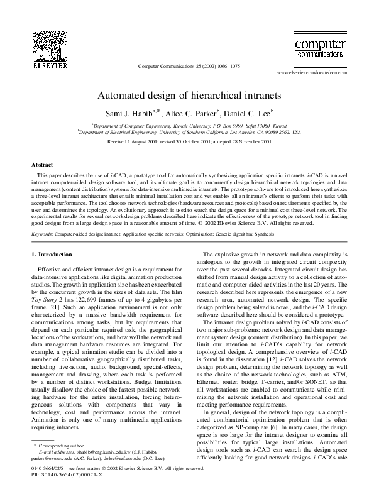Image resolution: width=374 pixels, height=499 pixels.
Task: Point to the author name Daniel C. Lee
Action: (x=249, y=113)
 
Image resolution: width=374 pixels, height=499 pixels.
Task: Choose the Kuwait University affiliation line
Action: (x=187, y=126)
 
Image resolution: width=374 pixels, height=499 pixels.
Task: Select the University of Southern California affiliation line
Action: (x=187, y=133)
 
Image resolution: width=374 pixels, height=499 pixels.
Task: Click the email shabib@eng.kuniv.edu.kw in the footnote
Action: (x=96, y=469)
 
